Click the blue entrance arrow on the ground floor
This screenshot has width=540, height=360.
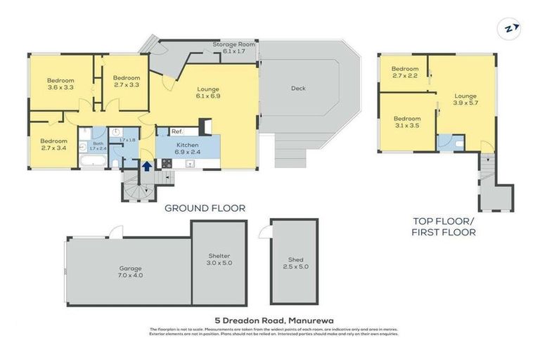[146, 166]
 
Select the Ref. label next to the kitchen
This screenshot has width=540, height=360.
[176, 131]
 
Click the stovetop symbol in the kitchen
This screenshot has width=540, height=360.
[167, 163]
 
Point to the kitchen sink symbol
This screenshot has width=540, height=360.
[190, 163]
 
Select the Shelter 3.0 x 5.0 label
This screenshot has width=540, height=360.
[219, 259]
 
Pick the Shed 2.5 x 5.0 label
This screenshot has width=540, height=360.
[295, 262]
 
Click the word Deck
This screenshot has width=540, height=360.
[298, 89]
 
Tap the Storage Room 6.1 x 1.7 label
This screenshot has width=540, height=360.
[235, 47]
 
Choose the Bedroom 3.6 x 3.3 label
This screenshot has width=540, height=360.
[60, 84]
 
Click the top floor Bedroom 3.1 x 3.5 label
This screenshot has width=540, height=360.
[406, 122]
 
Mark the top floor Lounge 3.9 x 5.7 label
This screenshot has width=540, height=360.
[465, 99]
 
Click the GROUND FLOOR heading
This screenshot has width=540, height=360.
[205, 207]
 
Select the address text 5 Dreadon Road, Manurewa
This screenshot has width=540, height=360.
[270, 321]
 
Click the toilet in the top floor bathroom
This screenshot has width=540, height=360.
[457, 143]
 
